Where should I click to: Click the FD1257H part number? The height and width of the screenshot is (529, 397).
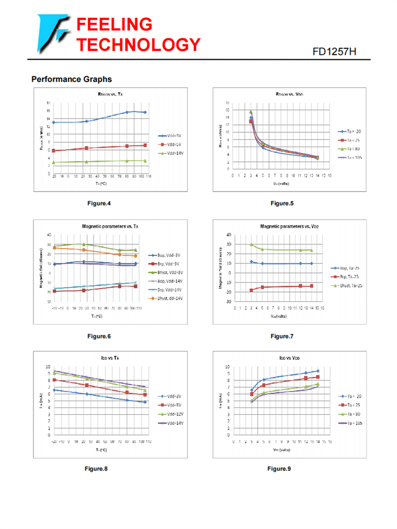[335, 51]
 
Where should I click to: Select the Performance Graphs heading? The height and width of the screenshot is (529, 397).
[71, 79]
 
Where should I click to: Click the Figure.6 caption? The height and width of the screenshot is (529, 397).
[99, 336]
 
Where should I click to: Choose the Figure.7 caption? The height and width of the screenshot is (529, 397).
[282, 336]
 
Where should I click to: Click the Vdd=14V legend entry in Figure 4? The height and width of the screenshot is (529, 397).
[170, 153]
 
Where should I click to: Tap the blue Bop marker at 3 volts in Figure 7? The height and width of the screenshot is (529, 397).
[251, 262]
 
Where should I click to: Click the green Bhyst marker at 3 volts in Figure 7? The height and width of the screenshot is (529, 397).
[251, 244]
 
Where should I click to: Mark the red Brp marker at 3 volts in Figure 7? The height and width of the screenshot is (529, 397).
[251, 290]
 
